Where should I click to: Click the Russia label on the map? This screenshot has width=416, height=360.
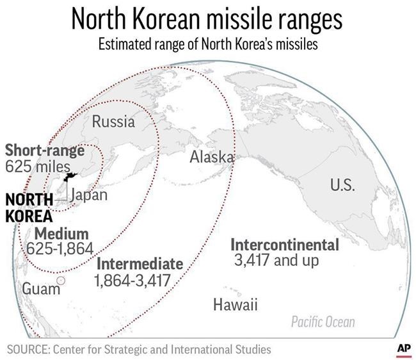(x=114, y=121)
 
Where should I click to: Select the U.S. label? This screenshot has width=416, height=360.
(x=342, y=185)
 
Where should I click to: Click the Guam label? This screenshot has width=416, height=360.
(x=36, y=288)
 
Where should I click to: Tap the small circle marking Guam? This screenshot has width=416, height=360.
(x=61, y=281)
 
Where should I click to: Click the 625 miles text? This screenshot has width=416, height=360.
(x=36, y=167)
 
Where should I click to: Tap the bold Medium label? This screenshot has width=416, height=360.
(x=61, y=233)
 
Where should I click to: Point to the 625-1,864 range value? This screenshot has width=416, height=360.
(x=60, y=248)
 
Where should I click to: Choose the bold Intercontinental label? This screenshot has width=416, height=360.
(x=284, y=245)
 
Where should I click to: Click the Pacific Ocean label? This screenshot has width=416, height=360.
(x=323, y=322)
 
